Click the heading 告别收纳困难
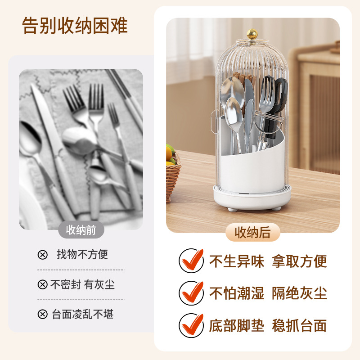coord(75,26)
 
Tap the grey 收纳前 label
coord(81,230)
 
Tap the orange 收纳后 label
coord(253,232)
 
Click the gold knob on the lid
coord(252,33)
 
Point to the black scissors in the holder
coord(277,106)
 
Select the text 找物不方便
coord(82,254)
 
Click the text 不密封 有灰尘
coord(82,285)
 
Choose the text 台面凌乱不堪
coord(83,314)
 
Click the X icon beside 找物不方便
coord(42,255)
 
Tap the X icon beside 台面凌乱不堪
coord(42,314)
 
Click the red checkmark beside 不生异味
coord(191,261)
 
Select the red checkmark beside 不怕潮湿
coord(191,293)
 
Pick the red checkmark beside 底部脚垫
coord(191,325)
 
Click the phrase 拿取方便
coord(299,261)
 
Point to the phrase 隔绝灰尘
coord(299,293)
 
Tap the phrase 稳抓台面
coord(299,325)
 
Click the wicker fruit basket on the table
coord(173,175)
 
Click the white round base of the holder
coord(252,198)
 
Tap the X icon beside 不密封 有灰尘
coord(42,285)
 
